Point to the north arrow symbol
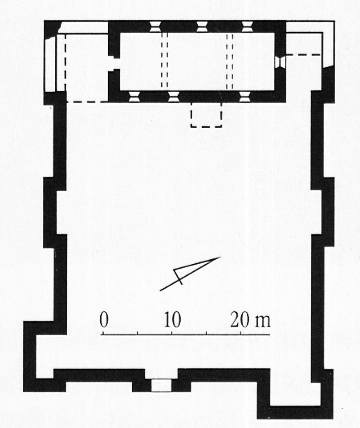190,274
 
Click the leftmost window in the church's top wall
155,27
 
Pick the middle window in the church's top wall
202,27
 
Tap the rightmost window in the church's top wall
247,27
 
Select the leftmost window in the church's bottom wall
134,97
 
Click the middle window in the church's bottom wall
174,97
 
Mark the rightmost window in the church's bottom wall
245,97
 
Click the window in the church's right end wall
280,62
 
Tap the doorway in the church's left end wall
114,64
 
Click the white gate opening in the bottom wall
161,385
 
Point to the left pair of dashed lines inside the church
164,61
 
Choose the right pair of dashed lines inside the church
230,61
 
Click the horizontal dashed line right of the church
303,55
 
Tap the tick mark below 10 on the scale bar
172,333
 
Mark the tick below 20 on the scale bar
240,333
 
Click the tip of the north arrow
221,257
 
